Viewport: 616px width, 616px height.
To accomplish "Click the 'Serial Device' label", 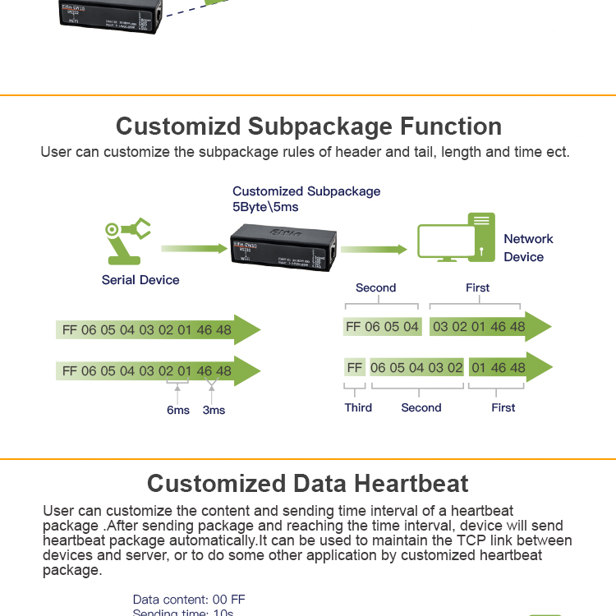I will (x=140, y=280).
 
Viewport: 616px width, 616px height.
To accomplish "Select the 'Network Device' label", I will (x=528, y=248).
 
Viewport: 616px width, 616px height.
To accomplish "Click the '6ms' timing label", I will (x=177, y=410).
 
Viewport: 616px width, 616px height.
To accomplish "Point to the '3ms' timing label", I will (x=214, y=410).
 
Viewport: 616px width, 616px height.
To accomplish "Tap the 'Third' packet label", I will (x=358, y=407).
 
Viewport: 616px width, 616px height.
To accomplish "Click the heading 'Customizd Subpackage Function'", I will (x=308, y=126).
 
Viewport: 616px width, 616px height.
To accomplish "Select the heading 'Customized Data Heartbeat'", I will (x=308, y=483).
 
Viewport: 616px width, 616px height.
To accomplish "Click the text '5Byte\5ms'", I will (x=265, y=207).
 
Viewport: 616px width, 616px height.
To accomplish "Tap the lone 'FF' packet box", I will (x=355, y=368).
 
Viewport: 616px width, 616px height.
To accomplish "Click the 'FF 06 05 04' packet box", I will (x=382, y=327).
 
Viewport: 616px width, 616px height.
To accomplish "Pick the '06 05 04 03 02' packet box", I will (x=416, y=368).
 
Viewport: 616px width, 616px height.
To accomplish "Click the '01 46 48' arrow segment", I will (x=505, y=368).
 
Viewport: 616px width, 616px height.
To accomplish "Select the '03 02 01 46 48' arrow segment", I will (x=485, y=327).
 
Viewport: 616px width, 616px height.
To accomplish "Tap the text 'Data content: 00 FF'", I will (x=189, y=600).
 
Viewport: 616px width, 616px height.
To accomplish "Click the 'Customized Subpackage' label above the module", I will (x=306, y=191).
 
